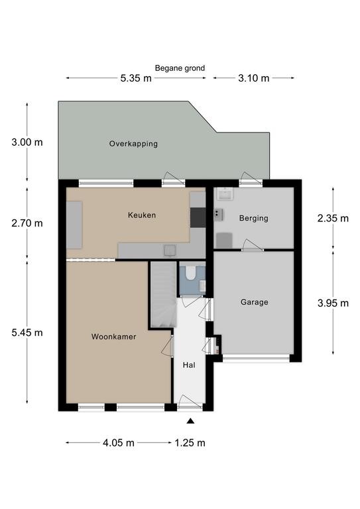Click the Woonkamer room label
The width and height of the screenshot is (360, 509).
(113, 337)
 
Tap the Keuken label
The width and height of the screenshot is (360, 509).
(142, 215)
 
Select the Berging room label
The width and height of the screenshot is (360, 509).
(253, 218)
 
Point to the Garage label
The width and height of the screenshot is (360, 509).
(254, 302)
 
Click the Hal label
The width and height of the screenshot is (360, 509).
(189, 365)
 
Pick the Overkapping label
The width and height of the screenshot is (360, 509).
(133, 144)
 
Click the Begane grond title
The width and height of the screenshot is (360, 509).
(180, 68)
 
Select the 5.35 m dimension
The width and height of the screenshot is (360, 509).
(136, 78)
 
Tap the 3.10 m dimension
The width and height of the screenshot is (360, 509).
(254, 78)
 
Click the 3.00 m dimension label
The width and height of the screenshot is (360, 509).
(27, 142)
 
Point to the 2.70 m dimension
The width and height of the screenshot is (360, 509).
(27, 223)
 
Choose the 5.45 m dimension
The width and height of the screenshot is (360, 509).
(27, 333)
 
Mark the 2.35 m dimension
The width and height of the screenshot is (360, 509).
(333, 219)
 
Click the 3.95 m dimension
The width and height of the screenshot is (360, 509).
(333, 304)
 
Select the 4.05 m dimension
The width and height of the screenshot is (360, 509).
(119, 443)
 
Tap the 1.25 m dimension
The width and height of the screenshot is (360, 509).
(190, 443)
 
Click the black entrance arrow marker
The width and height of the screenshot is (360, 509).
(190, 422)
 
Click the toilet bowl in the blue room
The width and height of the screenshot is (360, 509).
(190, 273)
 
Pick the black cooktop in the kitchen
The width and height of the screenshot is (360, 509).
(198, 217)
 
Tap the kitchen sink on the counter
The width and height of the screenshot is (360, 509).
(170, 251)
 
